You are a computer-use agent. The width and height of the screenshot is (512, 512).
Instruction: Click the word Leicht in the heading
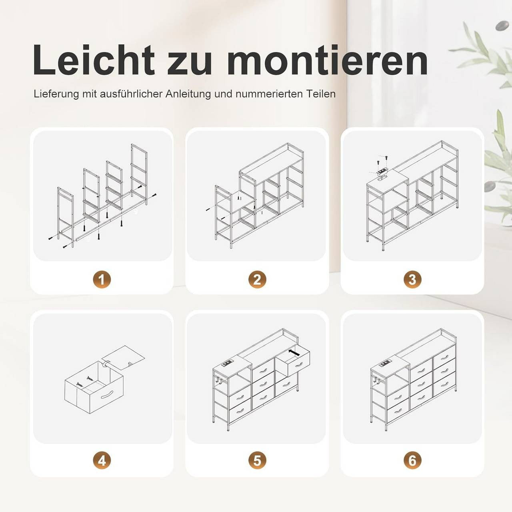tap(94, 60)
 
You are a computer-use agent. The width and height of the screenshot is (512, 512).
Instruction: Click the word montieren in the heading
tap(327, 60)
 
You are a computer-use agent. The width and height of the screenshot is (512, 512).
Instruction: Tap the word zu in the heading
tap(190, 64)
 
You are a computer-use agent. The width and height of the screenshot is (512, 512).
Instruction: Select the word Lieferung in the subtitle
tap(56, 94)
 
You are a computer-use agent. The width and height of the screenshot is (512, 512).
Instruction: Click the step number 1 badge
tap(102, 280)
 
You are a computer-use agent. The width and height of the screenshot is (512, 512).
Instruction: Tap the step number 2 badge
tap(257, 280)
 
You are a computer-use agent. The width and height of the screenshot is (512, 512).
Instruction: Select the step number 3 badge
tap(412, 280)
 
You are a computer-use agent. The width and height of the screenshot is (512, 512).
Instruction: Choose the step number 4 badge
tap(102, 461)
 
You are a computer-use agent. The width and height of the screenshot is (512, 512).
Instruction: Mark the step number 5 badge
tap(257, 461)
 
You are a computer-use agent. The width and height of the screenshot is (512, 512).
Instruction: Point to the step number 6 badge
tap(412, 461)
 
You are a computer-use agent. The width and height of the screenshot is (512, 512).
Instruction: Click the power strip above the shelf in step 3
tap(382, 170)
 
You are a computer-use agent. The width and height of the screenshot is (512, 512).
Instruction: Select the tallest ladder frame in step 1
tap(139, 174)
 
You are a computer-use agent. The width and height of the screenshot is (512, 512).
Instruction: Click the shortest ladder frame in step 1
tap(65, 217)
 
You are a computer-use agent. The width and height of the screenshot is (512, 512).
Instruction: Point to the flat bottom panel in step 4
tap(124, 357)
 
